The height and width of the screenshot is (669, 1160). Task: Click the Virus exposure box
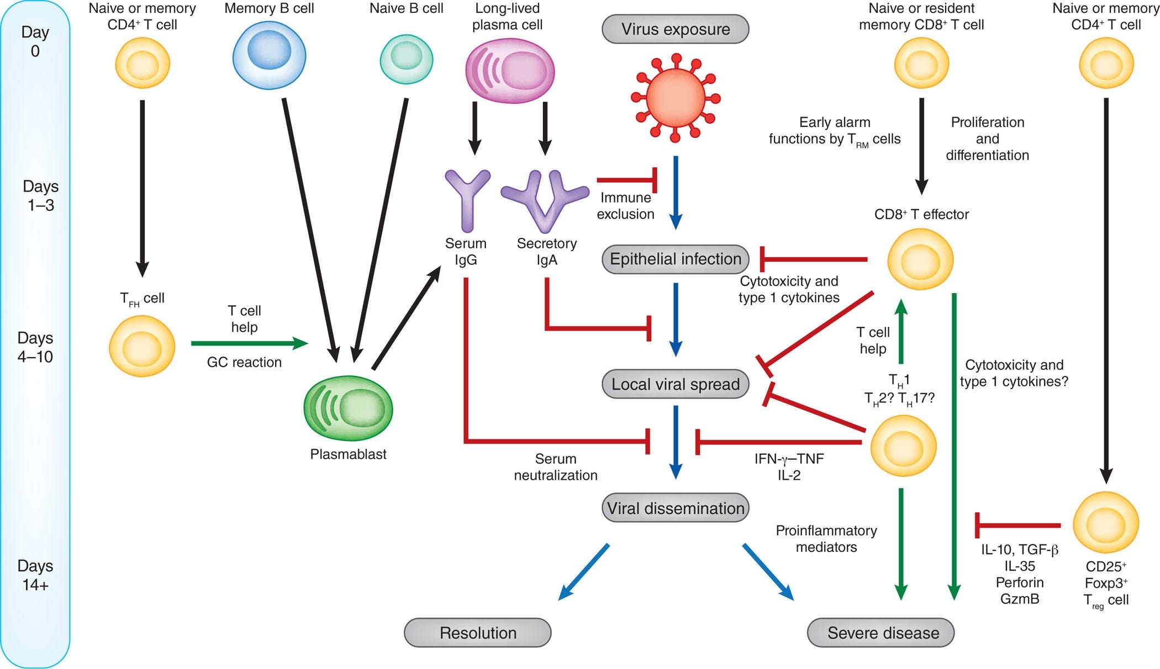coord(675,29)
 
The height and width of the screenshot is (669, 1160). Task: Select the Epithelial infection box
coord(675,259)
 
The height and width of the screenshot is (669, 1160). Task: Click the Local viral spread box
coord(675,384)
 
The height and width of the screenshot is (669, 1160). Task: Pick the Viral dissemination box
coord(675,508)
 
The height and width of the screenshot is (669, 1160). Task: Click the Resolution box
coord(478,633)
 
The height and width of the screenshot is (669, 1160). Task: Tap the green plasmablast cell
coord(348,408)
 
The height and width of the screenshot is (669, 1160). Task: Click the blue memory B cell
coord(269,55)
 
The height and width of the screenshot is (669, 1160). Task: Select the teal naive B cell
coord(407,59)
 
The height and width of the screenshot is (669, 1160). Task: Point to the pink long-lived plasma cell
coord(510,71)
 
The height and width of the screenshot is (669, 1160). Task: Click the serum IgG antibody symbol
coord(467,200)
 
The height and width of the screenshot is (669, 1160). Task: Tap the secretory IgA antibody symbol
coord(545,201)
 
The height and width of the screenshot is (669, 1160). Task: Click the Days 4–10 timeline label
coord(35,347)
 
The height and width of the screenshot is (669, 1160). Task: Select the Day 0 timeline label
coord(35,41)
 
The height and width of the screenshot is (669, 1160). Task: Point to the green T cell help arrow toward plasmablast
coord(250,343)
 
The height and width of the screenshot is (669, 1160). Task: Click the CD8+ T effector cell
coord(920,259)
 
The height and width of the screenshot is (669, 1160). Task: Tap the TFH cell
coord(142,346)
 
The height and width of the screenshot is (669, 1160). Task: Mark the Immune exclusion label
coord(625,206)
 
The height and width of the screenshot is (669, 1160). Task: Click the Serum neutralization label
coord(556,467)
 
